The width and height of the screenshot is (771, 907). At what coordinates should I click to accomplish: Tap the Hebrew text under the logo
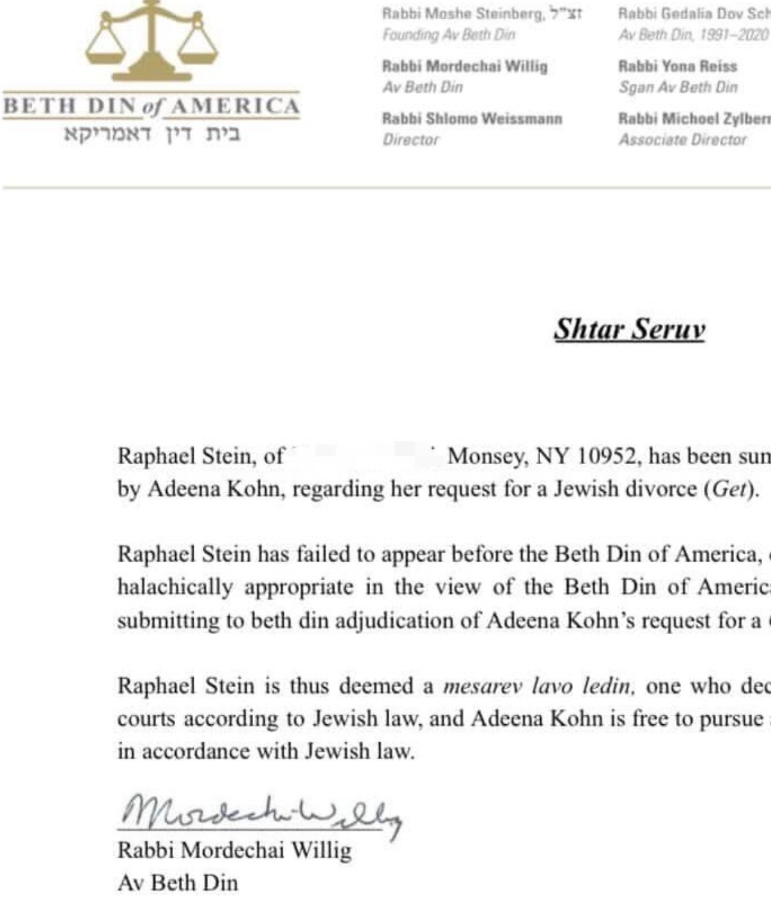[x=152, y=135]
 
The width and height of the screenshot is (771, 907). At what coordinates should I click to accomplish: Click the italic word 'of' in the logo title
[x=150, y=107]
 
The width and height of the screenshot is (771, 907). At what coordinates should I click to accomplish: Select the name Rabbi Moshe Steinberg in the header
[x=463, y=13]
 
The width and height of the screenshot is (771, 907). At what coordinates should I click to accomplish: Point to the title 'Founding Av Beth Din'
[x=448, y=35]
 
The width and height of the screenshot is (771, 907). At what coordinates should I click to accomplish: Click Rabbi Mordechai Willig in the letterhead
[x=465, y=66]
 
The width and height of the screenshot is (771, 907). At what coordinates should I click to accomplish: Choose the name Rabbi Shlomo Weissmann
[x=472, y=119]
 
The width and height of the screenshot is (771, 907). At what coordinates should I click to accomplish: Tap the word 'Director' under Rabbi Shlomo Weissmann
[x=410, y=139]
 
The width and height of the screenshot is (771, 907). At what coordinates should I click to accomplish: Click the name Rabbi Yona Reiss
[x=678, y=66]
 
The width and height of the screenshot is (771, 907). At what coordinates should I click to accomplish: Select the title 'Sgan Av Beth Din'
[x=678, y=87]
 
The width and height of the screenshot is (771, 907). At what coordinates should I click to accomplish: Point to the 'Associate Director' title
[x=682, y=139]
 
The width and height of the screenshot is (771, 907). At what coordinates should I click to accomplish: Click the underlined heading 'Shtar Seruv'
[x=629, y=329]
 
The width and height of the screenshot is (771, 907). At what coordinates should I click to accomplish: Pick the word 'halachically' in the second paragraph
[x=175, y=587]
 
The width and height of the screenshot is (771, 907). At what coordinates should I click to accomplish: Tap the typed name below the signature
[x=234, y=850]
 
